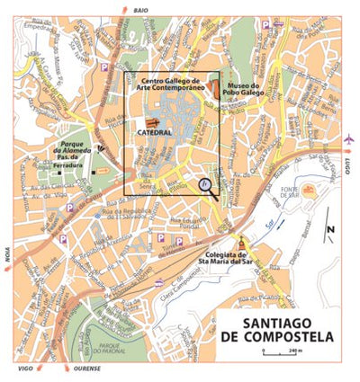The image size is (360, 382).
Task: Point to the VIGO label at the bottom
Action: click(x=25, y=369)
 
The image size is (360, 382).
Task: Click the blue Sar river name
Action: click(x=270, y=219)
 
